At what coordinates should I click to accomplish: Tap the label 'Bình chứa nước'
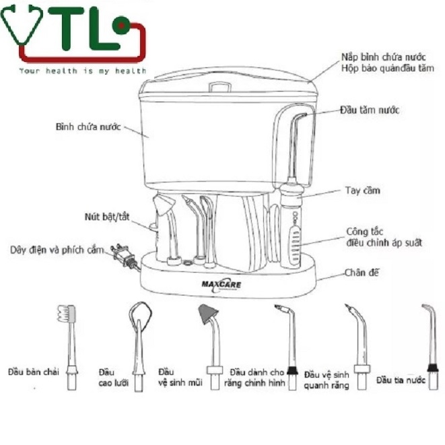pyautogui.click(x=88, y=127)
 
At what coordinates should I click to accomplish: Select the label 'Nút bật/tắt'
pyautogui.click(x=107, y=217)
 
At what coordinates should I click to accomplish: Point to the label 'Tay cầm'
pyautogui.click(x=362, y=191)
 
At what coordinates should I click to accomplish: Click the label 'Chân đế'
pyautogui.click(x=362, y=273)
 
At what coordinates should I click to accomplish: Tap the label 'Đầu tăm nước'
pyautogui.click(x=370, y=110)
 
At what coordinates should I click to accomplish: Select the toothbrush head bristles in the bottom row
pyautogui.click(x=67, y=314)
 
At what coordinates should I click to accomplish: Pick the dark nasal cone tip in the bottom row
pyautogui.click(x=208, y=314)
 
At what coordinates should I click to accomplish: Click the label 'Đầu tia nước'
pyautogui.click(x=401, y=380)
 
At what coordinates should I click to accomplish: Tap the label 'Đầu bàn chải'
pyautogui.click(x=34, y=372)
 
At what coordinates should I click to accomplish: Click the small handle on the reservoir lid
pyautogui.click(x=219, y=87)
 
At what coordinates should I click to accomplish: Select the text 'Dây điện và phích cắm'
pyautogui.click(x=57, y=250)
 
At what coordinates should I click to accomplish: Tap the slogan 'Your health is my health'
pyautogui.click(x=83, y=71)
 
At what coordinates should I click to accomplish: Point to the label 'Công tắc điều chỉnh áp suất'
pyautogui.click(x=384, y=237)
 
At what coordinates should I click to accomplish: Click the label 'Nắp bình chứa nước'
pyautogui.click(x=384, y=57)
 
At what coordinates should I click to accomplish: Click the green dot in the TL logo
pyautogui.click(x=121, y=26)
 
